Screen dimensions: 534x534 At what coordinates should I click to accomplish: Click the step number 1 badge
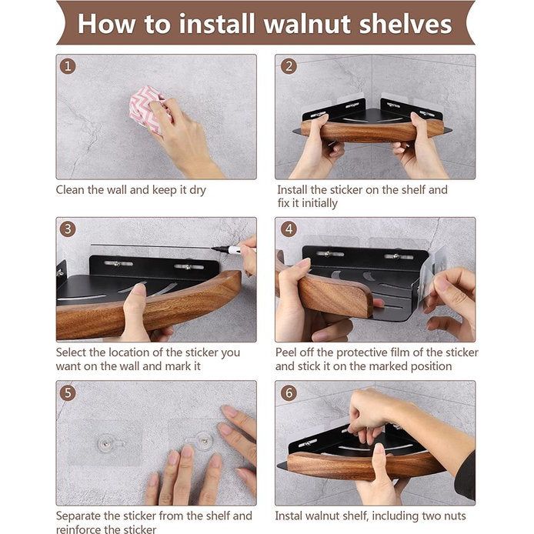click(68, 66)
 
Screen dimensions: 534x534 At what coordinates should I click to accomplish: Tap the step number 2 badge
click(289, 66)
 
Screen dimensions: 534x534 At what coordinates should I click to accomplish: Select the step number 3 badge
click(68, 229)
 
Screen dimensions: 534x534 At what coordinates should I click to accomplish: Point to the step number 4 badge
click(289, 229)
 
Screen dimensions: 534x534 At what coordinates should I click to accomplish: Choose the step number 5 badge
click(68, 392)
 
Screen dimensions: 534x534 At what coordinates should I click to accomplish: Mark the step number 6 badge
click(289, 392)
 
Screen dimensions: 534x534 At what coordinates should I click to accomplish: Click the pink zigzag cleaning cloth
click(145, 108)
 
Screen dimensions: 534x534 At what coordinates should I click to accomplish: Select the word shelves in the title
click(406, 24)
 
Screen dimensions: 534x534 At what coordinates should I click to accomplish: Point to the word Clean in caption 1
click(70, 190)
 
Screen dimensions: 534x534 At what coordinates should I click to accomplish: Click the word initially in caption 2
click(320, 203)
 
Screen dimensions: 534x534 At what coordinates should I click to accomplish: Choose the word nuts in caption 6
click(454, 516)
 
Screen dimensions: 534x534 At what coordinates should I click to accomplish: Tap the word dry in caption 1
click(198, 190)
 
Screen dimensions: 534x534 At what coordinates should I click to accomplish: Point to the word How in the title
click(106, 24)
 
